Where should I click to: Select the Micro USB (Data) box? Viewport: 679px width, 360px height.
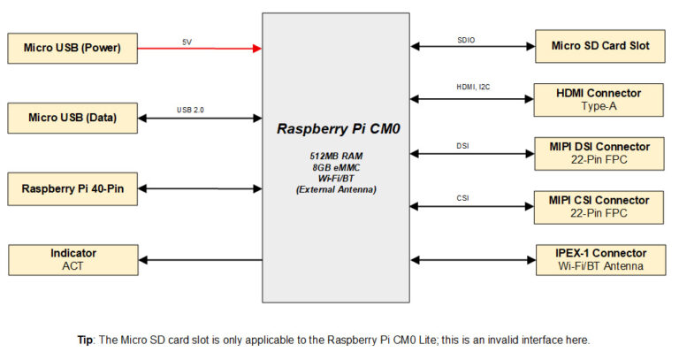pyautogui.click(x=72, y=118)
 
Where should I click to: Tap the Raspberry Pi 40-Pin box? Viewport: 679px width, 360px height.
pyautogui.click(x=72, y=188)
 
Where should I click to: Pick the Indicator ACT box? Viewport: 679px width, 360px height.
pyautogui.click(x=72, y=259)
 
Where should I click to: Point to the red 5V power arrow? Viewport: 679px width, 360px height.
pyautogui.click(x=200, y=49)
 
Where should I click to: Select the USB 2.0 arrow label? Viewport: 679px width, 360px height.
pyautogui.click(x=191, y=111)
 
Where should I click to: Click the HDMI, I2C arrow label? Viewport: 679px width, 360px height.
pyautogui.click(x=472, y=88)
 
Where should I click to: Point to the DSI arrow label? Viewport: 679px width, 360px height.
pyautogui.click(x=462, y=145)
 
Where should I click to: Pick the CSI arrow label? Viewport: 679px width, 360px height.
pyautogui.click(x=462, y=198)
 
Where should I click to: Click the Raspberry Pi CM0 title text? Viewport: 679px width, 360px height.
pyautogui.click(x=339, y=128)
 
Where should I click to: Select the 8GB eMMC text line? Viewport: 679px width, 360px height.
pyautogui.click(x=339, y=167)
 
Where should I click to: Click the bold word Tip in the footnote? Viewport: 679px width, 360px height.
pyautogui.click(x=86, y=340)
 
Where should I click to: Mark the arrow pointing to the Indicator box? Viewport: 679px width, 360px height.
pyautogui.click(x=200, y=260)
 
